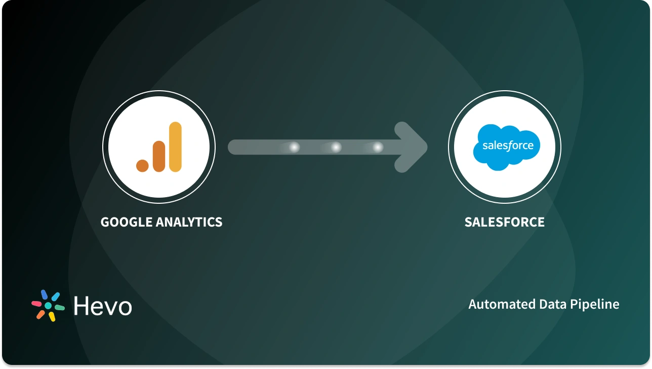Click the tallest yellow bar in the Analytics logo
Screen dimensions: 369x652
pyautogui.click(x=175, y=146)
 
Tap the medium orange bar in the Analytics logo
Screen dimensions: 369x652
pyautogui.click(x=158, y=156)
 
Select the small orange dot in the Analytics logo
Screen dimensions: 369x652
pyautogui.click(x=142, y=165)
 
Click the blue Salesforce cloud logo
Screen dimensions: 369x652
pyautogui.click(x=507, y=145)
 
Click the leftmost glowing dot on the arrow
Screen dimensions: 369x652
pyautogui.click(x=294, y=147)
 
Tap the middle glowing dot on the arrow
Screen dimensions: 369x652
pyautogui.click(x=336, y=147)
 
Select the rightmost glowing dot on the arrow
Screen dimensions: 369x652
pyautogui.click(x=378, y=147)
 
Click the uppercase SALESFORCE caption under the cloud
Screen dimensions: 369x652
pyautogui.click(x=504, y=222)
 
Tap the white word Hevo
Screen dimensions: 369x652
pyautogui.click(x=102, y=306)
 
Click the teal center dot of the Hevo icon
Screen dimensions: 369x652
pyautogui.click(x=48, y=306)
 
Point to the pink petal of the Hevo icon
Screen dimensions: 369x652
pyautogui.click(x=36, y=304)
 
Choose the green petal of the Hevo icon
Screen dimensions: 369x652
pyautogui.click(x=60, y=308)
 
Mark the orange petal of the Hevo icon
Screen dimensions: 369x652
pyautogui.click(x=40, y=315)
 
